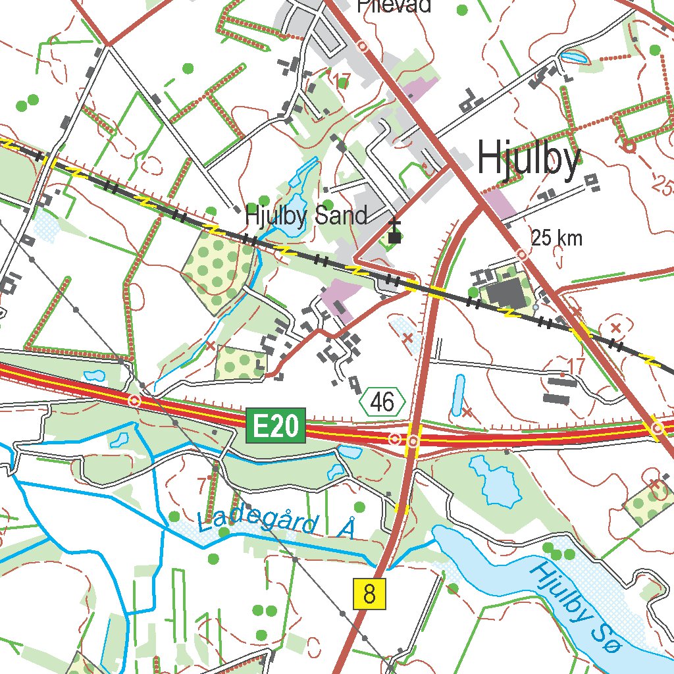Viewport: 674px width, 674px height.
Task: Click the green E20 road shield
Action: pos(276,427)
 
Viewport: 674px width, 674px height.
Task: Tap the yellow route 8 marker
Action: pos(369,594)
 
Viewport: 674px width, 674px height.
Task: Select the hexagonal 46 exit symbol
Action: pos(382,402)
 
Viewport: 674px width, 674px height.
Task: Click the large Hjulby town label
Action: pos(529,159)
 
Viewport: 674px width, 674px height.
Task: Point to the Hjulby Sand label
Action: pos(305,215)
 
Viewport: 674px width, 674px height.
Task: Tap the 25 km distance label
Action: pos(557,238)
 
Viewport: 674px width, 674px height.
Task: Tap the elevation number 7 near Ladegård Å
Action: pos(201,485)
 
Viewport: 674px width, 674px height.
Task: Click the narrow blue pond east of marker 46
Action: pos(458,395)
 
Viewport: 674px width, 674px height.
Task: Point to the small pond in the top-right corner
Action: pos(574,57)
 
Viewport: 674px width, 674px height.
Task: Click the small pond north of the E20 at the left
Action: pos(95,376)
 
